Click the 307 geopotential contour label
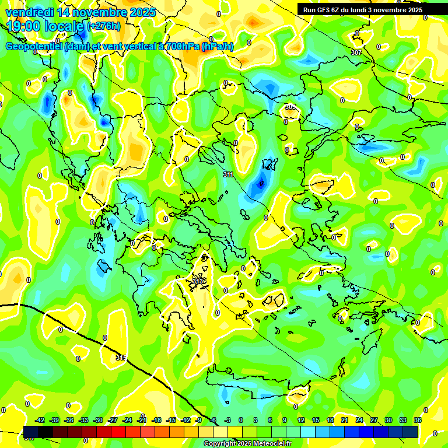(356, 52)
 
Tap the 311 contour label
(228, 174)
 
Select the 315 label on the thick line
(121, 357)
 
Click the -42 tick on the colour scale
(40, 420)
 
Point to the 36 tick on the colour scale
(418, 420)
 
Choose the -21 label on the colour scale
(142, 420)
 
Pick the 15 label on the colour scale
(316, 420)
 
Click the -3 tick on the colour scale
(228, 420)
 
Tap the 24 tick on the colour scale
(359, 420)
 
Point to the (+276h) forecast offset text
(104, 26)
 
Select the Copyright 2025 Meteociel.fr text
(247, 444)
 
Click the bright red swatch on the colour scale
(118, 432)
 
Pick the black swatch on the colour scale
(45, 432)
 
